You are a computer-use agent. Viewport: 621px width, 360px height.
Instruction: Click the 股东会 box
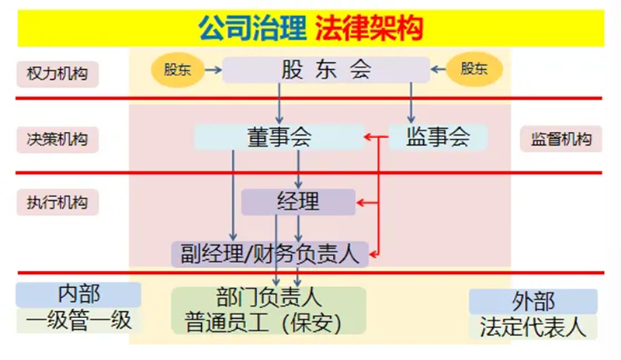pos(326,70)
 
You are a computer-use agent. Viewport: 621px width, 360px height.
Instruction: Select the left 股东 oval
pos(175,69)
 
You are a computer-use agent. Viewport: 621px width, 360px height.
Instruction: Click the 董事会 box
pos(278,137)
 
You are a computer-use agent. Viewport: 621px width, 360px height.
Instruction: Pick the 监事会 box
pos(438,137)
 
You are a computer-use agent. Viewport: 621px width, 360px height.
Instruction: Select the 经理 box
pos(298,202)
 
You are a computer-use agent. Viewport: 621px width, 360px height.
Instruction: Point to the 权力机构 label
pos(57,74)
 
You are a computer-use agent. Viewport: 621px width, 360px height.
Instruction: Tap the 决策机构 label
pos(57,140)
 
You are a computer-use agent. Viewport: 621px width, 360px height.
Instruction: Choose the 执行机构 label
pos(57,203)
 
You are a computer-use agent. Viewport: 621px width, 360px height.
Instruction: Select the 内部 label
pos(78,294)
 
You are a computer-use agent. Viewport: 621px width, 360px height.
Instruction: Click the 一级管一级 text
pos(78,320)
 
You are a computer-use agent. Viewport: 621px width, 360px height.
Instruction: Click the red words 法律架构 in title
pos(369,29)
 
